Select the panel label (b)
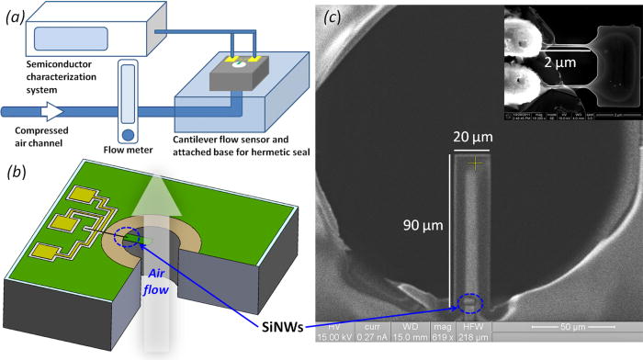(17, 170)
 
